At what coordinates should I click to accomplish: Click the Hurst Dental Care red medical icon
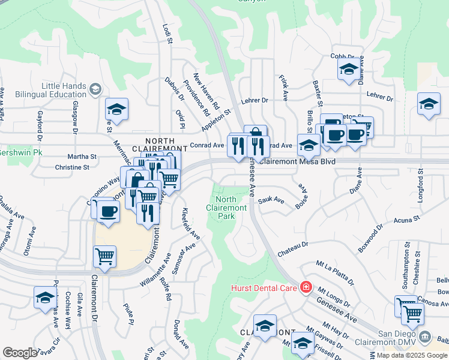[306, 288]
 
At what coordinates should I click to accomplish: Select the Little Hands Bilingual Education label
[64, 91]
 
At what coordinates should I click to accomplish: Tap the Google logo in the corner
[20, 353]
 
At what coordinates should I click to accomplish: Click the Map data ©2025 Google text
[412, 355]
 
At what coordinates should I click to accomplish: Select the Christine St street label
[72, 167]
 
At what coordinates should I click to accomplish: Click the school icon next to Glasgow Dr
[117, 109]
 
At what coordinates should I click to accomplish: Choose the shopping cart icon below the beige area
[105, 256]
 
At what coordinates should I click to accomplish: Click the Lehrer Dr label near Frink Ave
[253, 101]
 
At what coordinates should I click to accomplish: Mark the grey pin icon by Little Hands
[95, 91]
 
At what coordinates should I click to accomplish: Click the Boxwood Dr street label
[370, 237]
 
